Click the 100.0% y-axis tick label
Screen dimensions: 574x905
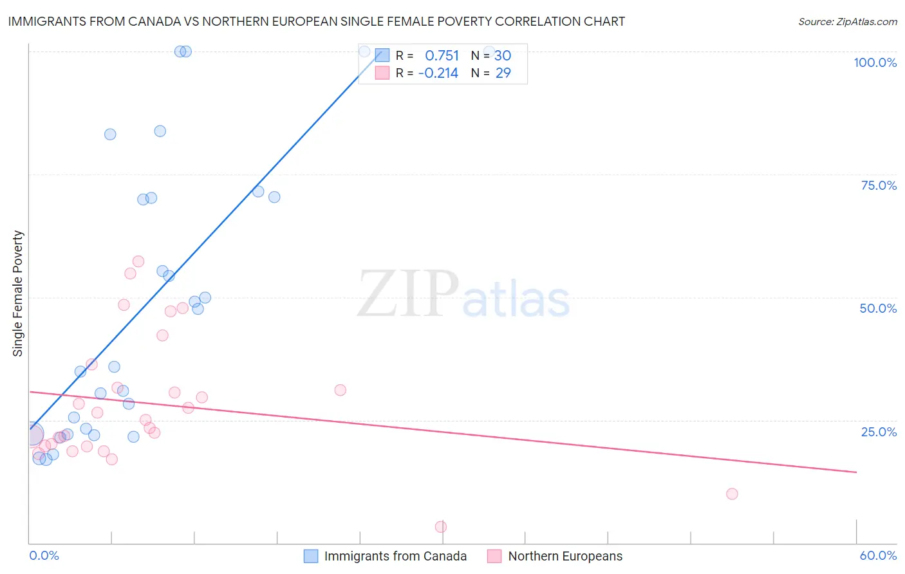coord(875,62)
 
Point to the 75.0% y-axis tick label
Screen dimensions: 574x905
coord(879,185)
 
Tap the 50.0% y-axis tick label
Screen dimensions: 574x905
coord(878,308)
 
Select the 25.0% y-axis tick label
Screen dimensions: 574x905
coord(879,432)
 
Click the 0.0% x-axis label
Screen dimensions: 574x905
coord(44,555)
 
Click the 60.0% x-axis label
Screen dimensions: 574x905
coord(878,555)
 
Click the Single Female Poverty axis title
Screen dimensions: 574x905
coord(18,293)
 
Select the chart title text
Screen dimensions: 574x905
coord(316,21)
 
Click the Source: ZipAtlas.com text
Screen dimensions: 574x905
coord(847,21)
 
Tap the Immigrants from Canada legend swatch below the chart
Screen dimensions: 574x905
coord(311,556)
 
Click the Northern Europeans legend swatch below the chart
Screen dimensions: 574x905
coord(494,556)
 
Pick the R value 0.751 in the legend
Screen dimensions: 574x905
coord(442,56)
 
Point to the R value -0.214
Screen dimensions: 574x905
coord(438,73)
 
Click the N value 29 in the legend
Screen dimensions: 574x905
coord(503,73)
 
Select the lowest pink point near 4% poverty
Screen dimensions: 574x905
coord(441,527)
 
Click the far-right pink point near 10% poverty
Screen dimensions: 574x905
coord(732,494)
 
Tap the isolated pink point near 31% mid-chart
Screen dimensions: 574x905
coord(341,390)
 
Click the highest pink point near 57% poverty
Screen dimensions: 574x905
coord(138,261)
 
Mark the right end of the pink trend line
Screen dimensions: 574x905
coord(856,472)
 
